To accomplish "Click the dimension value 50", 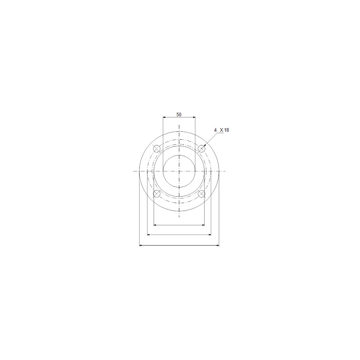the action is point(179,114).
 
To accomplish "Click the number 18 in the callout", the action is point(226,130).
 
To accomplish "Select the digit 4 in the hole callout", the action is point(215,130).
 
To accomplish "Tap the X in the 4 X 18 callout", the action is point(221,130).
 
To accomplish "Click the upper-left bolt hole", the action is point(157,149).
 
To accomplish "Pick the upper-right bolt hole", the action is point(202,149).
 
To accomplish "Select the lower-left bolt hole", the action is point(157,194).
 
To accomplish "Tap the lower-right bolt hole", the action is point(202,194).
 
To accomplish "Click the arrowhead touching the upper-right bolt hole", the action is point(204,145).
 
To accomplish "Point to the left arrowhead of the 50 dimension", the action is point(164,117).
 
